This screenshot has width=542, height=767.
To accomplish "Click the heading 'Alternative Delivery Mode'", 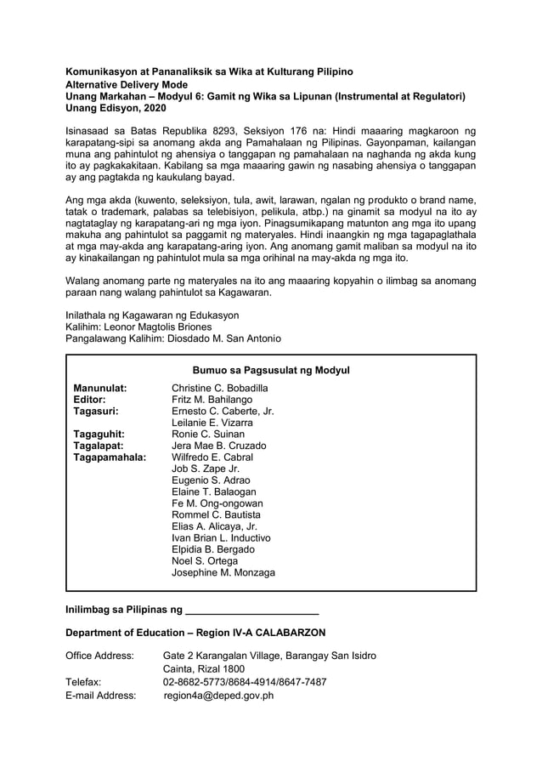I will (127, 86).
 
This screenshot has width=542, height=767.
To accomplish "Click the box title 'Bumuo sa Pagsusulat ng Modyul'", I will (271, 371).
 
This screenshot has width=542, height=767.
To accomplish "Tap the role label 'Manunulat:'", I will (100, 389).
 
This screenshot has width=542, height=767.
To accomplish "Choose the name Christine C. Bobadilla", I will (220, 389).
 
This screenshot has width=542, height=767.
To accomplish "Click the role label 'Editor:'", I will (89, 400).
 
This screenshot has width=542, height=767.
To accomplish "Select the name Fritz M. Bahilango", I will (212, 400).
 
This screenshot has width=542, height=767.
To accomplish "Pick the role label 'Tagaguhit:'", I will (98, 435).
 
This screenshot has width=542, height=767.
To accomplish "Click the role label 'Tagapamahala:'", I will (110, 457).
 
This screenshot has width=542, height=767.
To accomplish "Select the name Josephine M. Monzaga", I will (223, 573).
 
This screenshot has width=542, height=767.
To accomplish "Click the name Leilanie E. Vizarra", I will (212, 423).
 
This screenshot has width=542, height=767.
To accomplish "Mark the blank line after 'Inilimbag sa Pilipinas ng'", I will (251, 610).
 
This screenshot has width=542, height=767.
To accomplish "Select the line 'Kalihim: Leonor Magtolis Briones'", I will (138, 327).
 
